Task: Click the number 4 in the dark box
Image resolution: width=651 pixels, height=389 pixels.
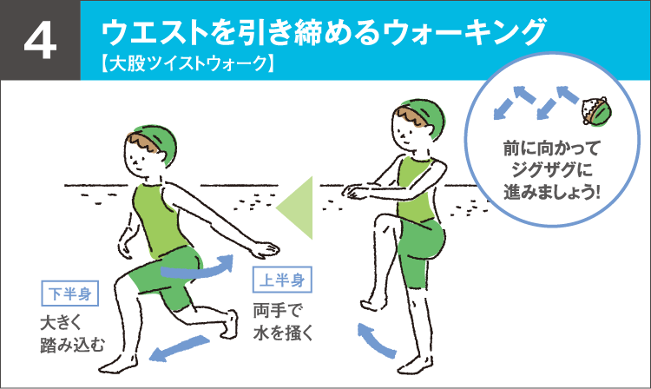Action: [40, 41]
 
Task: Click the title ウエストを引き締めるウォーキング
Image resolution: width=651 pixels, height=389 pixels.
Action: [324, 32]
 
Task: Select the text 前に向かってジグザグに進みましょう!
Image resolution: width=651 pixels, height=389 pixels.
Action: [552, 167]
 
